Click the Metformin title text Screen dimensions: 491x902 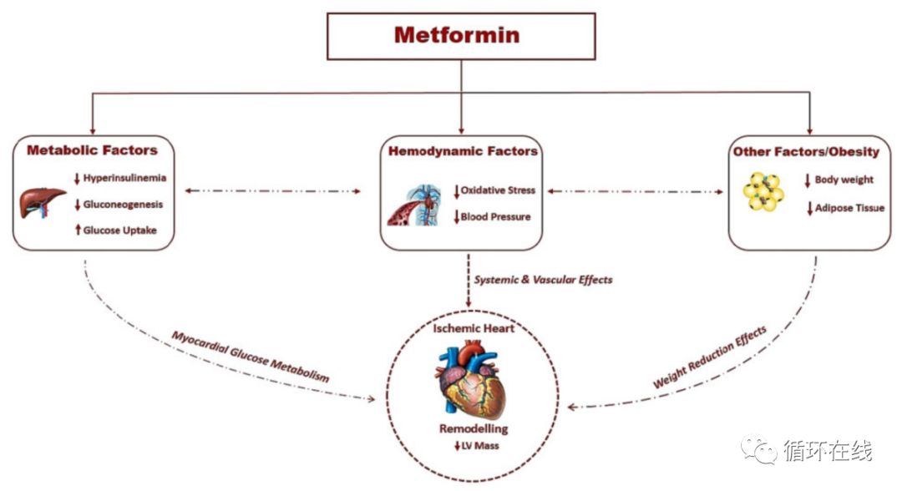click(x=457, y=35)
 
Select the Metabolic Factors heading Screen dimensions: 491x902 click(x=92, y=150)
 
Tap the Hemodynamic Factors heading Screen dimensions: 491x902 click(x=463, y=151)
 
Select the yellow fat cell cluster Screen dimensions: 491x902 click(x=763, y=194)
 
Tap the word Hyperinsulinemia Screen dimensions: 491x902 click(x=124, y=178)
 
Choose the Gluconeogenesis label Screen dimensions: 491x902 click(x=123, y=204)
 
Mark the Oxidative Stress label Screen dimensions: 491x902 click(x=498, y=190)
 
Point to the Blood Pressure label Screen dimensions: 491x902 click(x=495, y=217)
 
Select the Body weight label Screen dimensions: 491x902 click(x=844, y=180)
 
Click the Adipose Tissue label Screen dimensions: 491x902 click(x=849, y=208)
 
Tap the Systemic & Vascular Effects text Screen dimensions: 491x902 click(x=543, y=280)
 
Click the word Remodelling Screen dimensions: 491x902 click(x=474, y=428)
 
